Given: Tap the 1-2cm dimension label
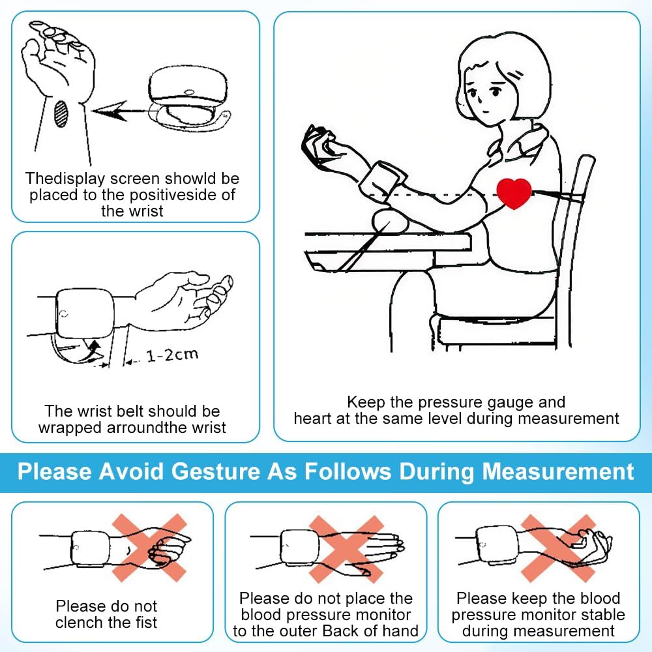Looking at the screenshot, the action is click(172, 355).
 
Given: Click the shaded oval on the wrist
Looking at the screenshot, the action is click(61, 113).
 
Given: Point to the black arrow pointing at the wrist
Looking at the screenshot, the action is click(121, 111).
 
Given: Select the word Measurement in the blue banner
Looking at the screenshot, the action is click(558, 472).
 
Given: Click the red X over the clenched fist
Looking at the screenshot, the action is click(149, 548).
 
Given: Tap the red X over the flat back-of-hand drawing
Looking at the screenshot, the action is click(346, 549).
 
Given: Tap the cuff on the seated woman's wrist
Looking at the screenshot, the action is click(381, 182).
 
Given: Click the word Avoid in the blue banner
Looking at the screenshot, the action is click(131, 472).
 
